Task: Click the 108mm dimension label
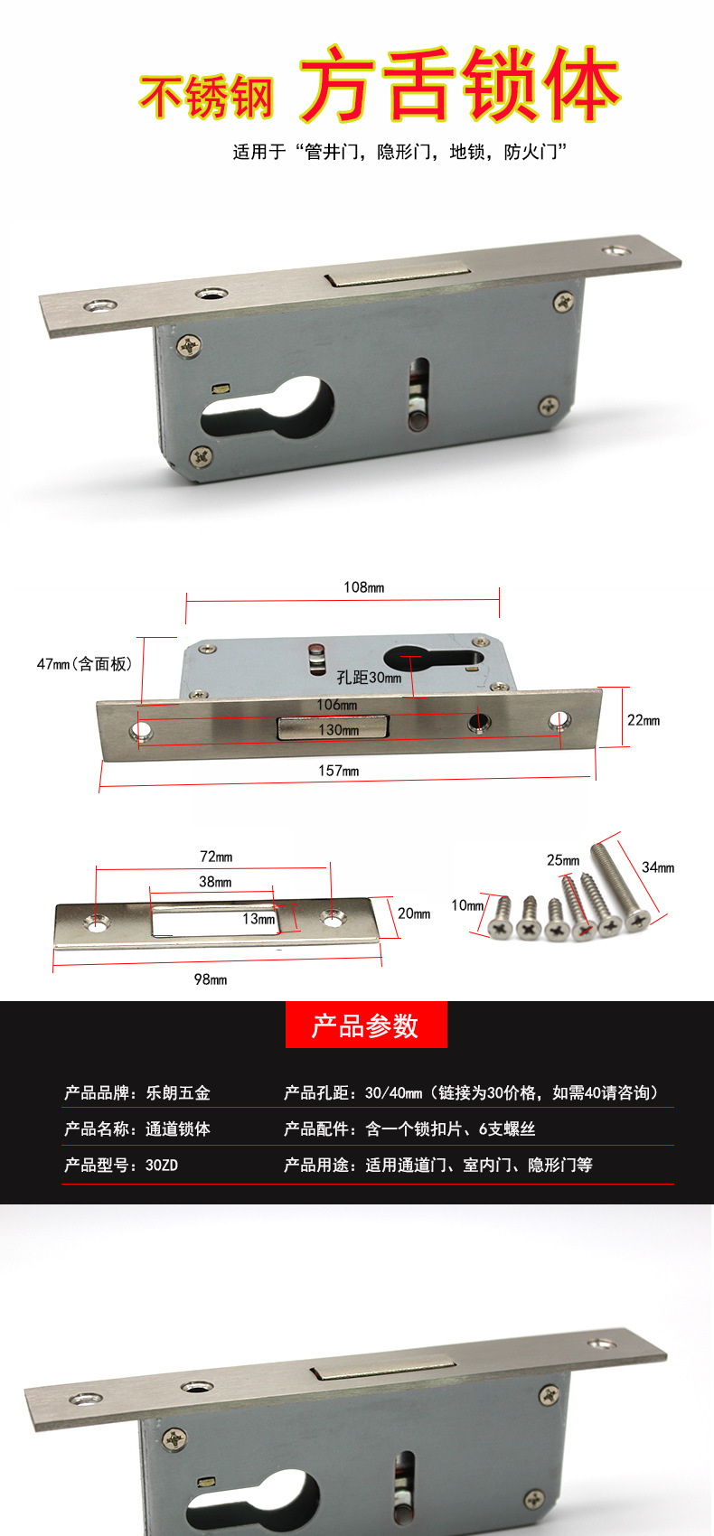[x=363, y=587]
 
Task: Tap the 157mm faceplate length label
[x=338, y=771]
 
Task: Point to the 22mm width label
[x=644, y=720]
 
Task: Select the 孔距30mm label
[x=369, y=677]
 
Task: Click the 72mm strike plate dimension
[x=216, y=856]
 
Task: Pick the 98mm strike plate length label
[x=211, y=979]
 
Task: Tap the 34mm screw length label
[x=658, y=867]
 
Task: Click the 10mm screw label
[x=467, y=904]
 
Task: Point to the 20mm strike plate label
[x=414, y=913]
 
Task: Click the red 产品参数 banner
[x=366, y=1026]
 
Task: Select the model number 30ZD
[x=162, y=1166]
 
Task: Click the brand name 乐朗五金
[x=178, y=1093]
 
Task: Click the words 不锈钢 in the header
[x=206, y=96]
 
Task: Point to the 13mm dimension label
[x=258, y=919]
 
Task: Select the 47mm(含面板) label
[x=84, y=664]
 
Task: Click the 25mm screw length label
[x=563, y=860]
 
